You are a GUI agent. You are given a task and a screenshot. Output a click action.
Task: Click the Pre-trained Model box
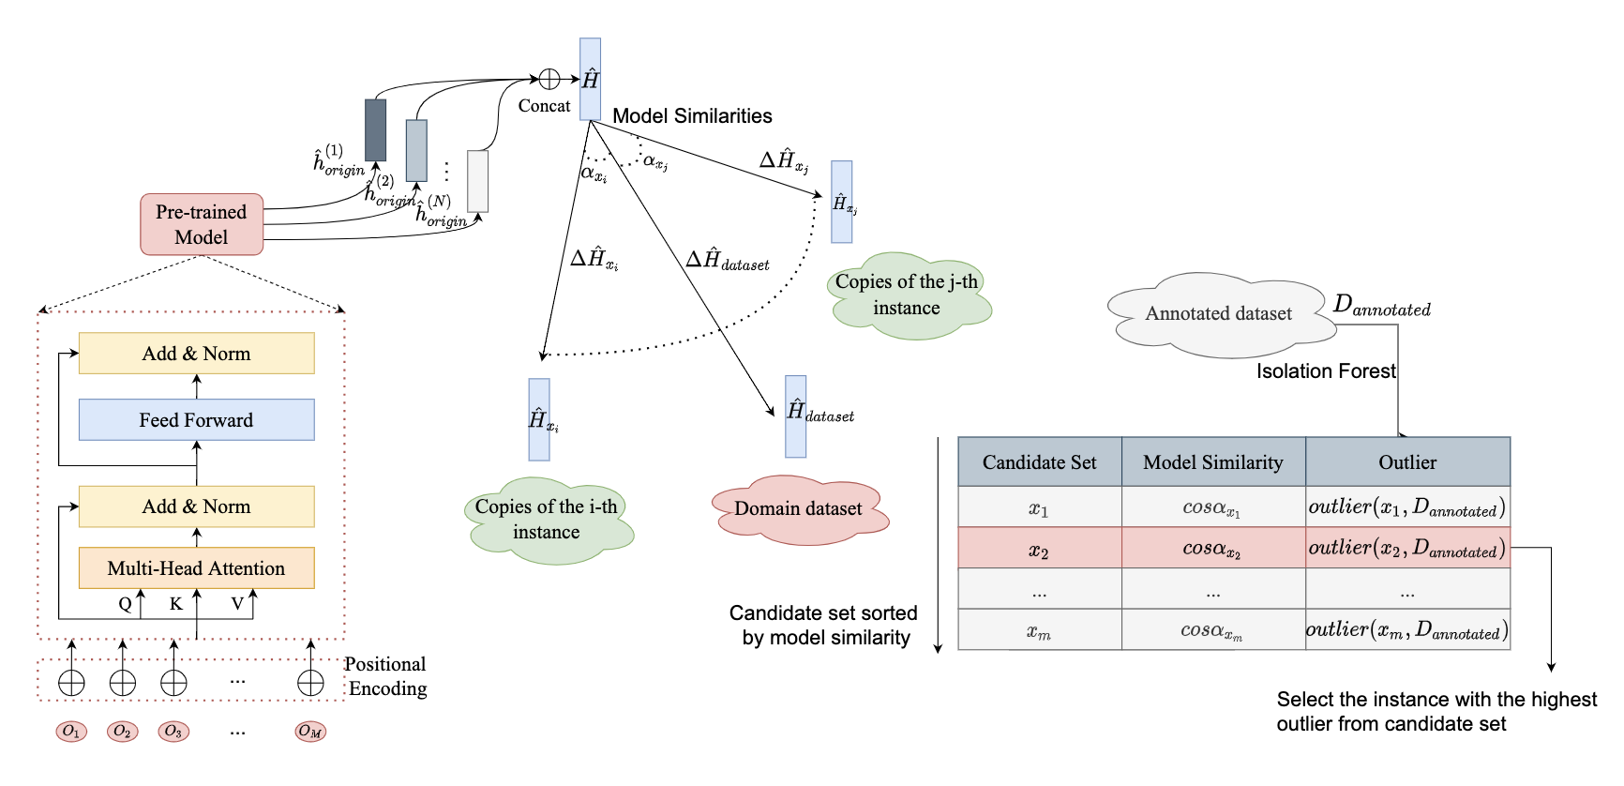pyautogui.click(x=202, y=224)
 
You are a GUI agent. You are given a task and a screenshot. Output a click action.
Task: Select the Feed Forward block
pyautogui.click(x=196, y=420)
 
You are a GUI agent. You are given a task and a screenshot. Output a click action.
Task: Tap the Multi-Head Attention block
pyautogui.click(x=196, y=568)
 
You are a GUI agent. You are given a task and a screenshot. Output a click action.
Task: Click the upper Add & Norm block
pyautogui.click(x=196, y=354)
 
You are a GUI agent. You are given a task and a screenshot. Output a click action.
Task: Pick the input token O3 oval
pyautogui.click(x=173, y=732)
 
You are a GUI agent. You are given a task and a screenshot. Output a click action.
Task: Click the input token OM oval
pyautogui.click(x=310, y=732)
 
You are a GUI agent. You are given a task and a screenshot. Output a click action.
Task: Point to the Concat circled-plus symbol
pyautogui.click(x=549, y=80)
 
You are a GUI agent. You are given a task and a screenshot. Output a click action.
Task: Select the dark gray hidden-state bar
pyautogui.click(x=375, y=129)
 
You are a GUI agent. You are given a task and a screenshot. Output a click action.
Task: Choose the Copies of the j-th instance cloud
pyautogui.click(x=907, y=294)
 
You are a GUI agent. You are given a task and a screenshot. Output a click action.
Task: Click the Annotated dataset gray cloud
pyautogui.click(x=1218, y=314)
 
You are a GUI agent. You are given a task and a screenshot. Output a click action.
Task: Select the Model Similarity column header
pyautogui.click(x=1212, y=462)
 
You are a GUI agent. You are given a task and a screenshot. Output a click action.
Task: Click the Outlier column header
pyautogui.click(x=1406, y=462)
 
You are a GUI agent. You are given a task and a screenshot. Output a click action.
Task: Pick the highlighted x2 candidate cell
pyautogui.click(x=1039, y=549)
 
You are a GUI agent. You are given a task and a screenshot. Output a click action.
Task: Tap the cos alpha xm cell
pyautogui.click(x=1212, y=630)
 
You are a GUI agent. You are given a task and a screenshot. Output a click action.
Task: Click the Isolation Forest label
pyautogui.click(x=1326, y=371)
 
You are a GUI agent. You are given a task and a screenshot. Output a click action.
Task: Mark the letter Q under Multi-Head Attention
pyautogui.click(x=125, y=604)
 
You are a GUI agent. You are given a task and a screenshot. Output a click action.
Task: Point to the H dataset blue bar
pyautogui.click(x=795, y=416)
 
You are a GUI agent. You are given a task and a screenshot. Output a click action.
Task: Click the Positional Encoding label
pyautogui.click(x=386, y=676)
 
